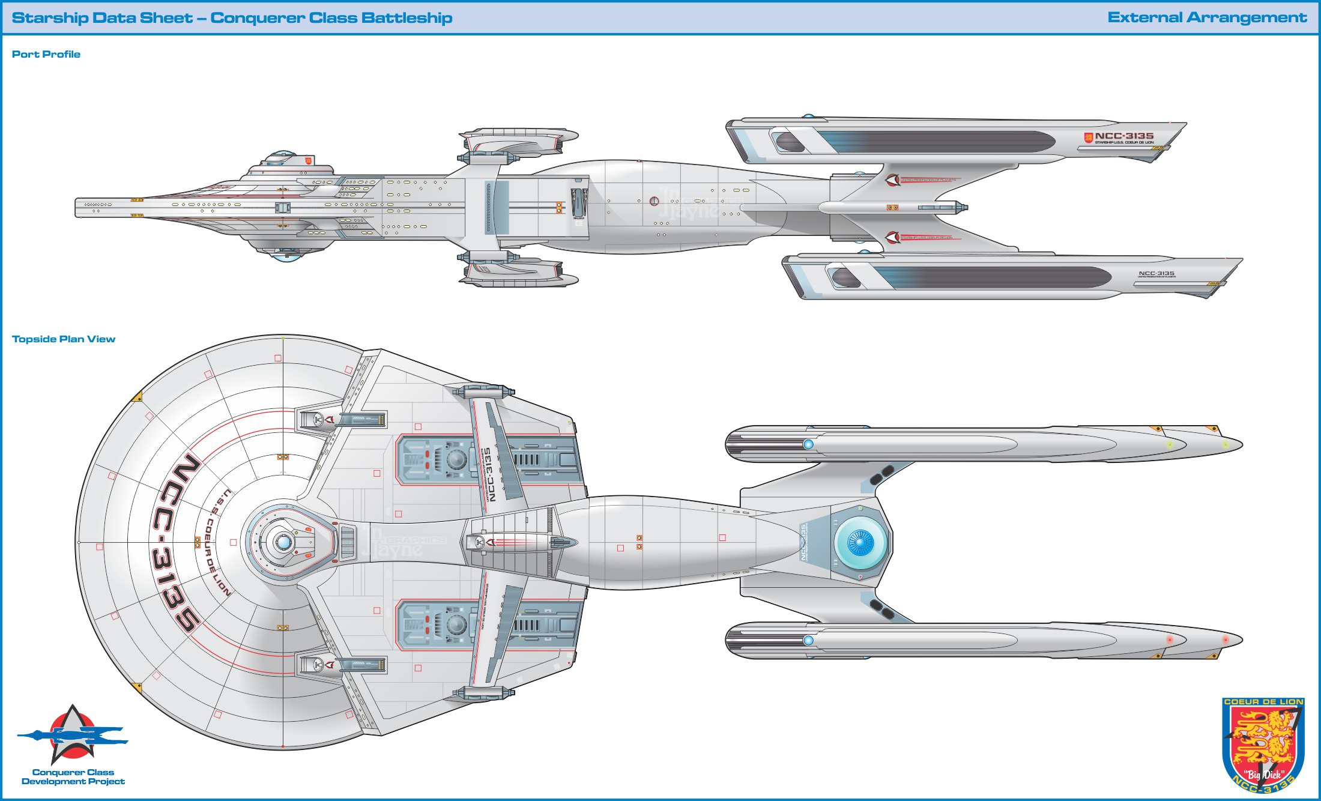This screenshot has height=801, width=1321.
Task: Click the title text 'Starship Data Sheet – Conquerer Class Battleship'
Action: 232,17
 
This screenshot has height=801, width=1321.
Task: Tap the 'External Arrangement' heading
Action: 1207,17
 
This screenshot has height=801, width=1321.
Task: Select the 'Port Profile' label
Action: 46,54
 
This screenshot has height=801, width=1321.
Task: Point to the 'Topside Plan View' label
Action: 64,339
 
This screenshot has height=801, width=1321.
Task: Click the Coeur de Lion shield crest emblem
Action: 1263,745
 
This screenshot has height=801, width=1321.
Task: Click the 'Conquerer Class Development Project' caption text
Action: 73,777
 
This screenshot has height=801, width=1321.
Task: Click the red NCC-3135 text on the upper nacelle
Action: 1123,136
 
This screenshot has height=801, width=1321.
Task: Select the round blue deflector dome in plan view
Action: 860,542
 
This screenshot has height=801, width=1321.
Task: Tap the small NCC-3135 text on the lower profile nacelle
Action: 1156,273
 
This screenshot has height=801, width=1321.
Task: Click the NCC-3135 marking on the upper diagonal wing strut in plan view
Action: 489,474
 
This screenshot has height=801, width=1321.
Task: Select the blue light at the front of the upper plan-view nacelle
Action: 808,444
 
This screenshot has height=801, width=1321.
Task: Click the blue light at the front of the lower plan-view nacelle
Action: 808,641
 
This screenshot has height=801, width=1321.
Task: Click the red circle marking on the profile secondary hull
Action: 654,201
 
